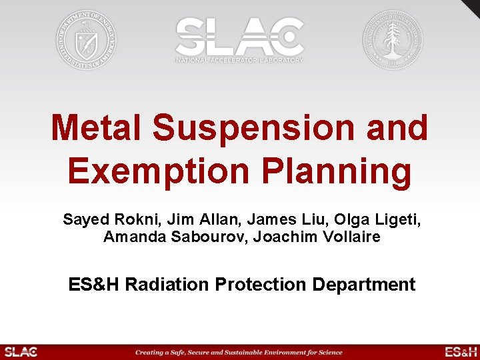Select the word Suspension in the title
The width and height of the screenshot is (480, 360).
click(254, 128)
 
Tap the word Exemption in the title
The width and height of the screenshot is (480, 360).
click(157, 171)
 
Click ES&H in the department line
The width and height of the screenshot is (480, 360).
click(94, 285)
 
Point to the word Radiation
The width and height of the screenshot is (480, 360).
click(167, 285)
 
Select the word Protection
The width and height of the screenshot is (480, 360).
click(261, 285)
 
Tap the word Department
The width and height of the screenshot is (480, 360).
click(364, 285)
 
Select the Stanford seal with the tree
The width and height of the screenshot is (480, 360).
click(392, 39)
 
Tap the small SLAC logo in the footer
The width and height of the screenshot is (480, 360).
click(21, 352)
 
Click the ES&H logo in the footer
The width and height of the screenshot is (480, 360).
click(461, 352)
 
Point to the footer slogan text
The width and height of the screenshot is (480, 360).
click(239, 352)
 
